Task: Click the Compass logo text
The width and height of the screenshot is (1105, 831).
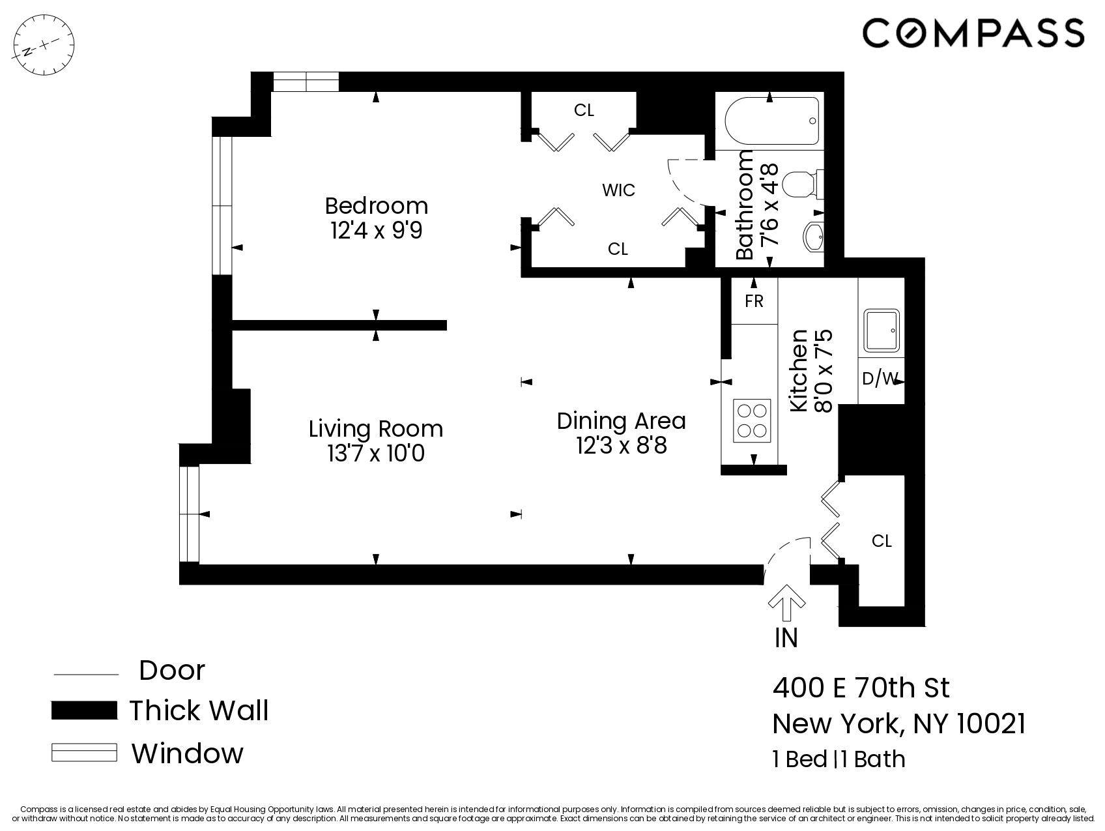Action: (973, 33)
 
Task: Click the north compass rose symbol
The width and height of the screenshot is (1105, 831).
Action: (44, 46)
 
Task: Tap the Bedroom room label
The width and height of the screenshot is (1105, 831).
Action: (376, 206)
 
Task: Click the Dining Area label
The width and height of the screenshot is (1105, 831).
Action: (621, 421)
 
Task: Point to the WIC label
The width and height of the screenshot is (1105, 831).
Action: (618, 190)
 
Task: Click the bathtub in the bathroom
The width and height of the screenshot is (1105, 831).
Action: (771, 122)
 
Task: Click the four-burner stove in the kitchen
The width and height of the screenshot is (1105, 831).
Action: (751, 420)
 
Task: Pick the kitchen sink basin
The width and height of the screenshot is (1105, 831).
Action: (881, 330)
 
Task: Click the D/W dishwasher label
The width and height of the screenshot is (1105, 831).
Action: (880, 379)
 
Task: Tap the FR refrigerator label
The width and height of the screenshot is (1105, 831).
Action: (754, 301)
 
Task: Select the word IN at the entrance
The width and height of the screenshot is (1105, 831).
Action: (786, 637)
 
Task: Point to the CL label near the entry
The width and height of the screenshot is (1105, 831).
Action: (882, 541)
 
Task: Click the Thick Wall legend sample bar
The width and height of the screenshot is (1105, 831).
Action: (84, 710)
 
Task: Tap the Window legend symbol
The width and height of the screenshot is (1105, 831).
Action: (84, 753)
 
